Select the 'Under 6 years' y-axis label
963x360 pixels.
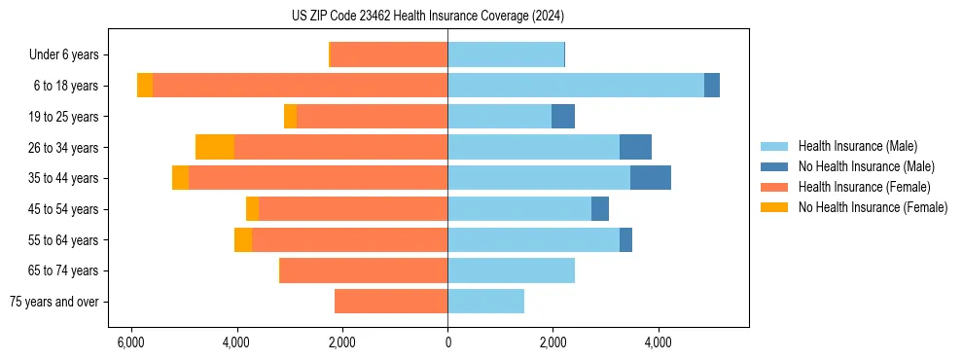pyautogui.click(x=69, y=55)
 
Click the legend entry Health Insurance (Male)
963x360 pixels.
pyautogui.click(x=857, y=146)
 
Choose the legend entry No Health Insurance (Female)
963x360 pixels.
pyautogui.click(x=873, y=207)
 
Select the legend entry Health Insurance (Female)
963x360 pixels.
pyautogui.click(x=864, y=187)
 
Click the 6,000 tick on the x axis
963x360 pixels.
pyautogui.click(x=130, y=342)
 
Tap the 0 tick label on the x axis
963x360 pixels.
pyautogui.click(x=447, y=342)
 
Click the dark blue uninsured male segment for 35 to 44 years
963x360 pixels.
pyautogui.click(x=651, y=178)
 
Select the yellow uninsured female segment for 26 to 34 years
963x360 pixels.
pyautogui.click(x=215, y=147)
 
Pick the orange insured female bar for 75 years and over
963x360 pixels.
pyautogui.click(x=391, y=302)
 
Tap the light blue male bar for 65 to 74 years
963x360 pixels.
pyautogui.click(x=511, y=270)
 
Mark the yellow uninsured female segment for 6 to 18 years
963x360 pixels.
pyautogui.click(x=145, y=86)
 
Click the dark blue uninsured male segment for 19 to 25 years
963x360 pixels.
pyautogui.click(x=563, y=117)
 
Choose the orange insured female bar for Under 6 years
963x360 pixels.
pyautogui.click(x=389, y=55)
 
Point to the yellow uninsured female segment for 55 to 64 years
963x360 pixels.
pyautogui.click(x=243, y=239)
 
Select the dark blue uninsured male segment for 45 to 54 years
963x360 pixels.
pyautogui.click(x=600, y=209)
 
